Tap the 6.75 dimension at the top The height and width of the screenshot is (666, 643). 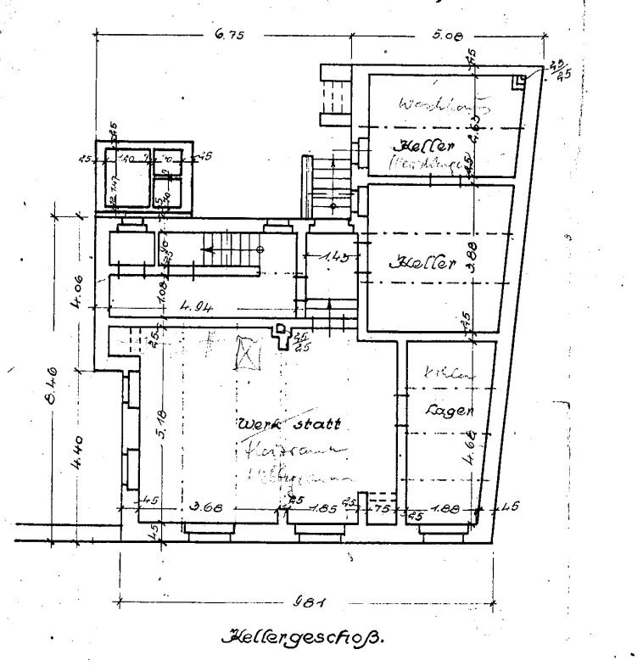230,35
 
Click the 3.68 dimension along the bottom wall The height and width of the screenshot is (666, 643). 206,509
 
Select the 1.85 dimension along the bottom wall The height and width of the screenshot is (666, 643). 324,509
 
